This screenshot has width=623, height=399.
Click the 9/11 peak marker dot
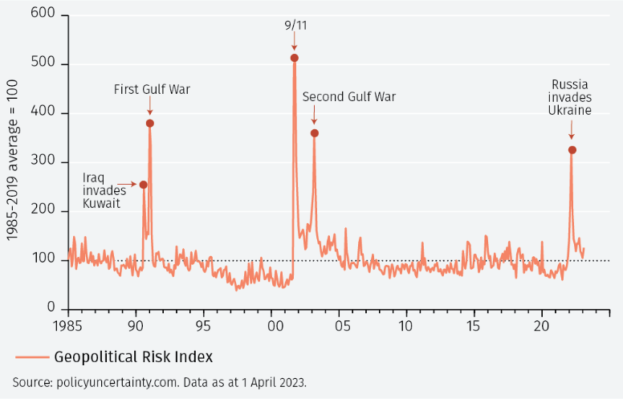click(x=294, y=58)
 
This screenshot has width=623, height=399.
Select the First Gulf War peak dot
click(x=150, y=123)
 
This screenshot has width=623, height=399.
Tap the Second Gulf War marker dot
click(x=314, y=133)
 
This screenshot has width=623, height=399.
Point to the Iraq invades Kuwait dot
click(x=144, y=185)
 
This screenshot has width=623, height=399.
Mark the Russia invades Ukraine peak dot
click(x=572, y=150)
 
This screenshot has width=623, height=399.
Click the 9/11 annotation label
click(x=295, y=25)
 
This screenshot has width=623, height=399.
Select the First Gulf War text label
click(x=152, y=89)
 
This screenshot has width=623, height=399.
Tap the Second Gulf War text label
click(x=349, y=97)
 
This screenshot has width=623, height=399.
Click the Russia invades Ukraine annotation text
click(x=571, y=97)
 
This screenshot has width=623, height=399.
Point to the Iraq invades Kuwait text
click(x=101, y=190)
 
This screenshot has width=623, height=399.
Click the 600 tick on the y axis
click(x=45, y=15)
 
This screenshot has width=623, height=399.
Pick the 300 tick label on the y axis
click(x=45, y=162)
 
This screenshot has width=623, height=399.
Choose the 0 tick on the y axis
click(x=51, y=308)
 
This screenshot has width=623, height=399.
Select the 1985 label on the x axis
click(x=67, y=326)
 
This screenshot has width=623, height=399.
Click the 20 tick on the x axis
click(x=542, y=326)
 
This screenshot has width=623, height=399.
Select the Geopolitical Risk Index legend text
click(x=133, y=356)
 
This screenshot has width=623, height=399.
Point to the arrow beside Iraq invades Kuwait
click(x=126, y=185)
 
